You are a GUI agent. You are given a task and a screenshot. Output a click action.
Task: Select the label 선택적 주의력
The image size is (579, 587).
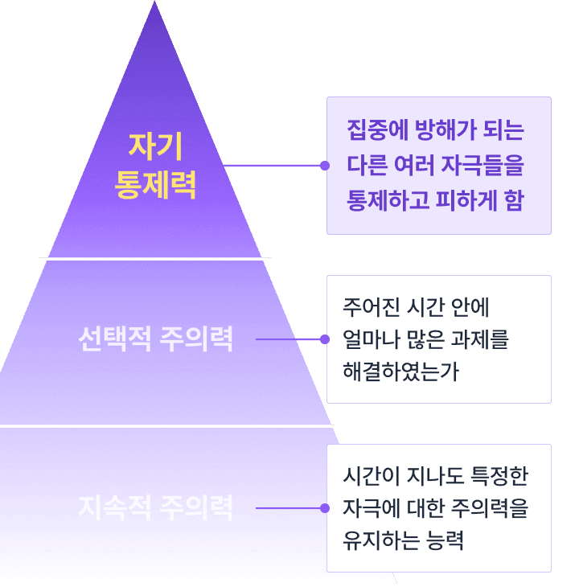[x=155, y=339]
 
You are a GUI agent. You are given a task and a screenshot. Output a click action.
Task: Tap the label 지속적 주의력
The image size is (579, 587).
[x=155, y=508]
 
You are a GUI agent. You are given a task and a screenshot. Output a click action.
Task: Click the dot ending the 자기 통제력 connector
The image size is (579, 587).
[x=324, y=166]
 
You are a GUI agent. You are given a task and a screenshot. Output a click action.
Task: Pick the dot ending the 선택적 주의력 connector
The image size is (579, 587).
[x=324, y=339]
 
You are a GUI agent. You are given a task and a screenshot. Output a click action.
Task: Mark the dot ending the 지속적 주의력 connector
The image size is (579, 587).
[x=324, y=508]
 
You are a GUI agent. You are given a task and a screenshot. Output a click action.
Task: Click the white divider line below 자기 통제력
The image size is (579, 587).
[x=155, y=259]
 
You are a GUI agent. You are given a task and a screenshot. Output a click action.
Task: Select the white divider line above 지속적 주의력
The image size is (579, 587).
[x=166, y=425]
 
